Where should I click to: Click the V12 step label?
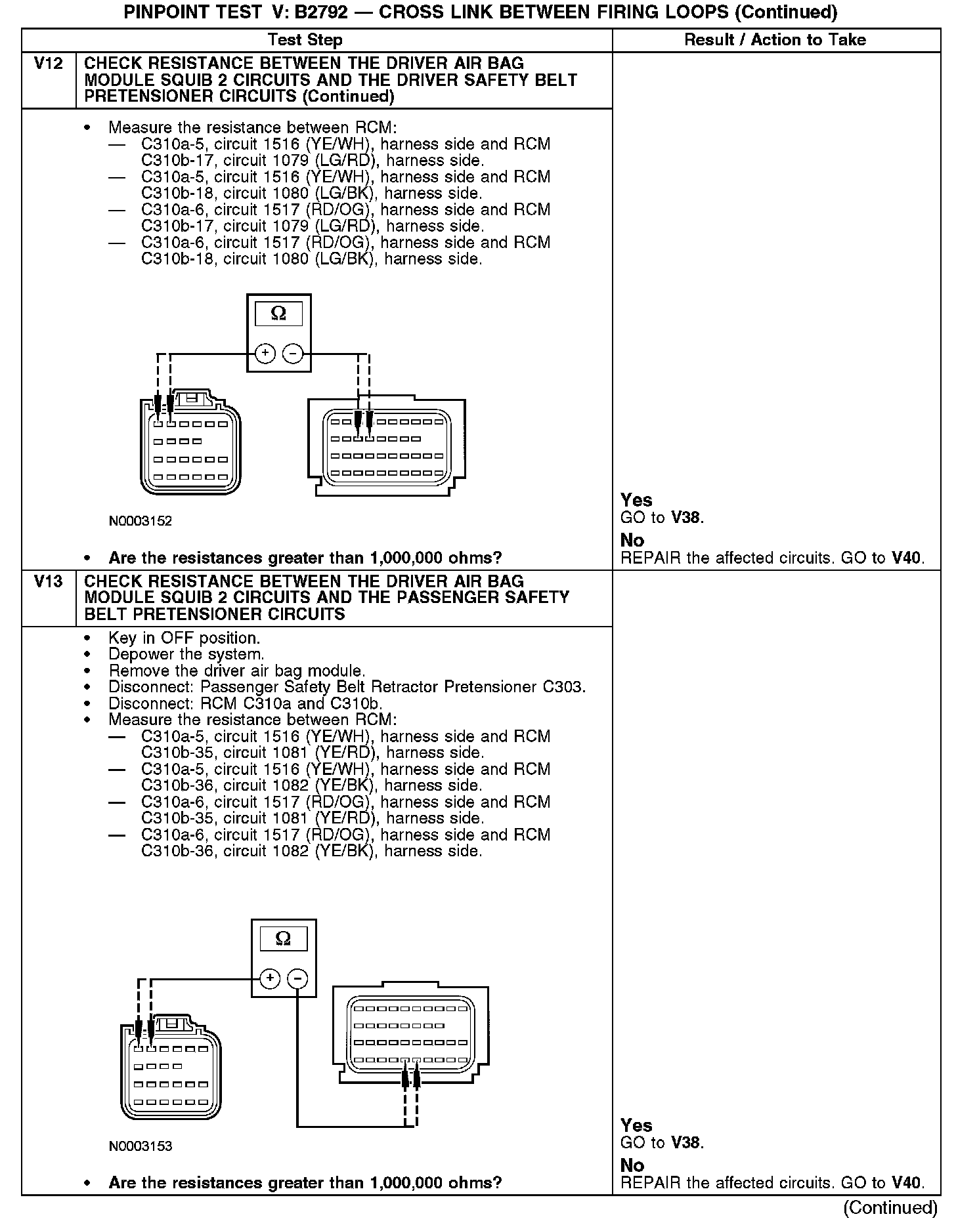pos(48,64)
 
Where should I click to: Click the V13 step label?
pos(48,582)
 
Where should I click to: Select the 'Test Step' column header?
pos(305,40)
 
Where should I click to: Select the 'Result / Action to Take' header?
pos(775,40)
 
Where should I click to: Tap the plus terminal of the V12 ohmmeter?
pos(265,354)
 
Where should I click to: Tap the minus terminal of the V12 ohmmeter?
pos(293,354)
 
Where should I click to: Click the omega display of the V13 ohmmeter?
pos(284,939)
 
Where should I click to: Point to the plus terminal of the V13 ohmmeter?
pos(270,979)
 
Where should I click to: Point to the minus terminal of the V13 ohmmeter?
pos(298,979)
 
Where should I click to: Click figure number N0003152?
pos(141,521)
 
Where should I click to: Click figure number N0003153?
pos(141,1146)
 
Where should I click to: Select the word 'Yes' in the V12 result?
pos(636,501)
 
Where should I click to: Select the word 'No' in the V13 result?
pos(632,1165)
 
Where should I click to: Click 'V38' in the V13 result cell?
pos(685,1142)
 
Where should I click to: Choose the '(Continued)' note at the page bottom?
pos(890,1208)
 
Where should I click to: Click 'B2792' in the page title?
pos(321,12)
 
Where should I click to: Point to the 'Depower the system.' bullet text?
pos(186,654)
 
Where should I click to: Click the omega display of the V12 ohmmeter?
pos(278,314)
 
